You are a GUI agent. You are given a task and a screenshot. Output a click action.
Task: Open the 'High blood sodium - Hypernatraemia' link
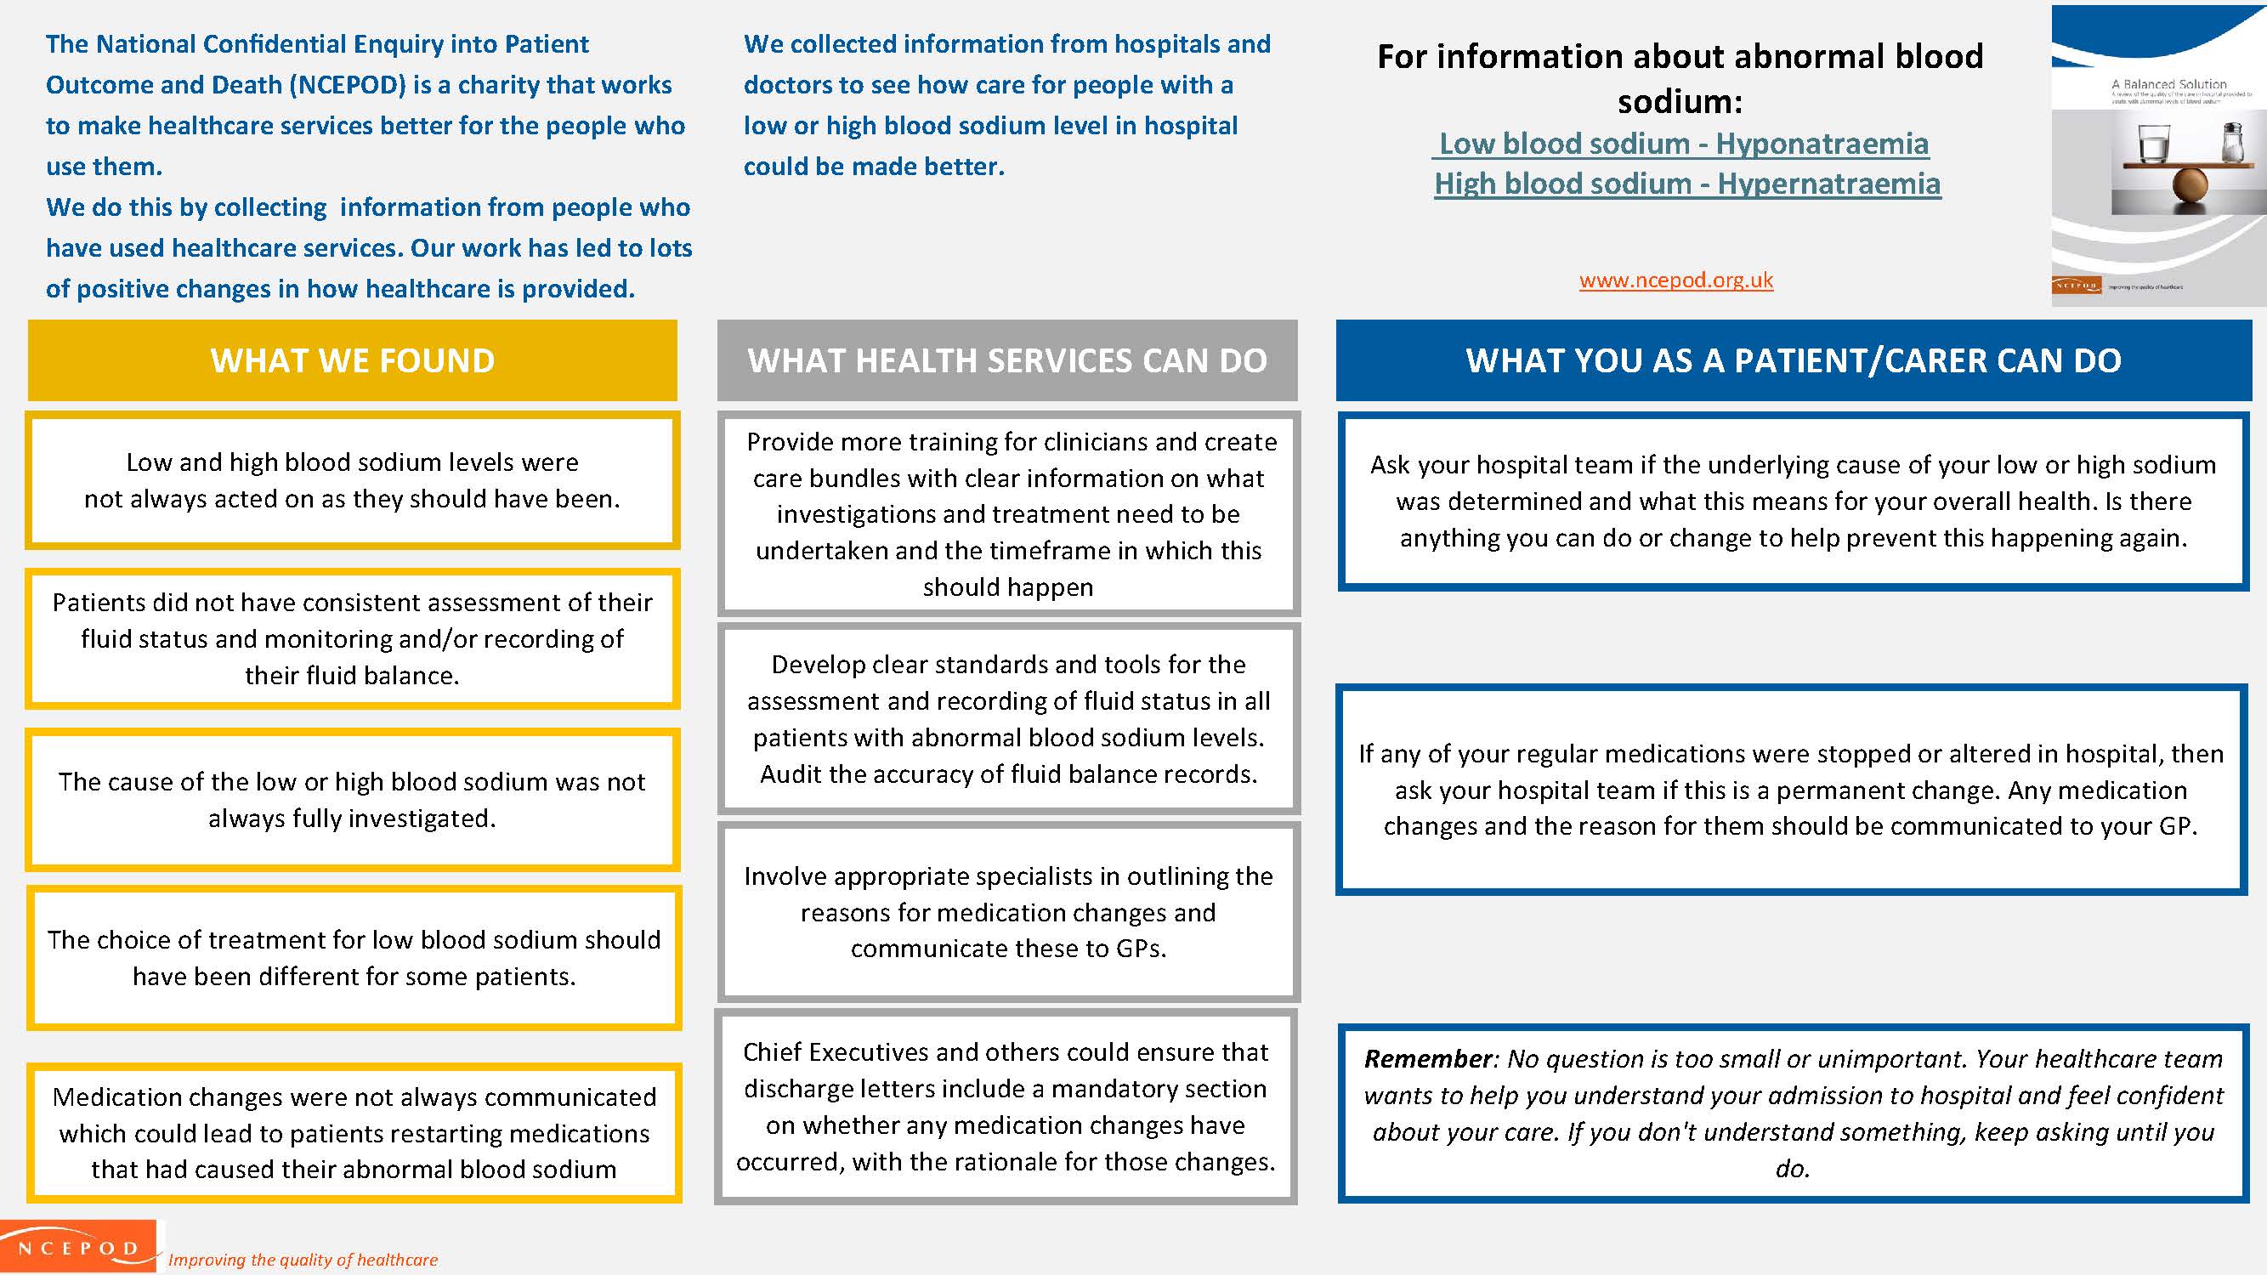click(1687, 184)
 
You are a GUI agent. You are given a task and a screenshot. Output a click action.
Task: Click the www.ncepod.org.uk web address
click(1675, 280)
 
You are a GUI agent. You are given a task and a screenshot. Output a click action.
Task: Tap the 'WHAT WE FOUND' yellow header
click(352, 360)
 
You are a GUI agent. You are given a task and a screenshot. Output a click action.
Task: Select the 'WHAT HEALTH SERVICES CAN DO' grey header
click(1006, 360)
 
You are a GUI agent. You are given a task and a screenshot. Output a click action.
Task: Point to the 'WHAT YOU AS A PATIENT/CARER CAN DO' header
click(1793, 360)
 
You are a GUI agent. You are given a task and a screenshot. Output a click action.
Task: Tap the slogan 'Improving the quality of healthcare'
click(303, 1260)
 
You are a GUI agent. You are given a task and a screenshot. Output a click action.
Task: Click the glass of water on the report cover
click(2153, 143)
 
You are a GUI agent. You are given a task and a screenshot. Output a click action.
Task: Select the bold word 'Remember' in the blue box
click(1427, 1059)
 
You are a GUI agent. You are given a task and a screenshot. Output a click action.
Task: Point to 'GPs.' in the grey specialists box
click(1141, 949)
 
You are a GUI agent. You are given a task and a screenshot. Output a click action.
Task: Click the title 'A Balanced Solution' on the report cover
click(2168, 84)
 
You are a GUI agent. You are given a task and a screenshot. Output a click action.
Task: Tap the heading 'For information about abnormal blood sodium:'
click(1679, 78)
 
